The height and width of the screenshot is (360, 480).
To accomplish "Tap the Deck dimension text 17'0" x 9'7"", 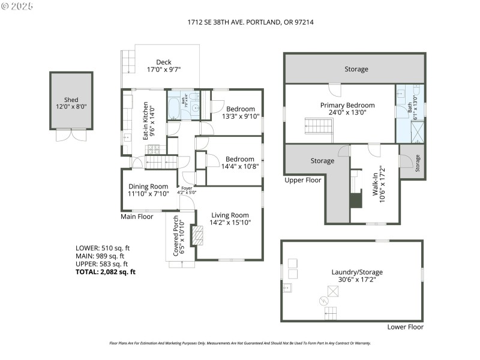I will coord(164,70).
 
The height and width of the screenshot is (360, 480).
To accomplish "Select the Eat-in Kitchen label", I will coord(146,123).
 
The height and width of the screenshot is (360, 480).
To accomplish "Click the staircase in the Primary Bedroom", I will coord(319,127).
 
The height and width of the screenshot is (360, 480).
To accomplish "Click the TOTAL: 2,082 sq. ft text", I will coord(106,272).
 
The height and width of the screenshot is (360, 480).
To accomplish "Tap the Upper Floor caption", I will coord(303,179).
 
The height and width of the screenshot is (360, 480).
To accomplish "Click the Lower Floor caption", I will coord(406,327).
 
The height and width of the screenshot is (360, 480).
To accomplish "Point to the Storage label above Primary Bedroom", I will coord(356,69).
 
